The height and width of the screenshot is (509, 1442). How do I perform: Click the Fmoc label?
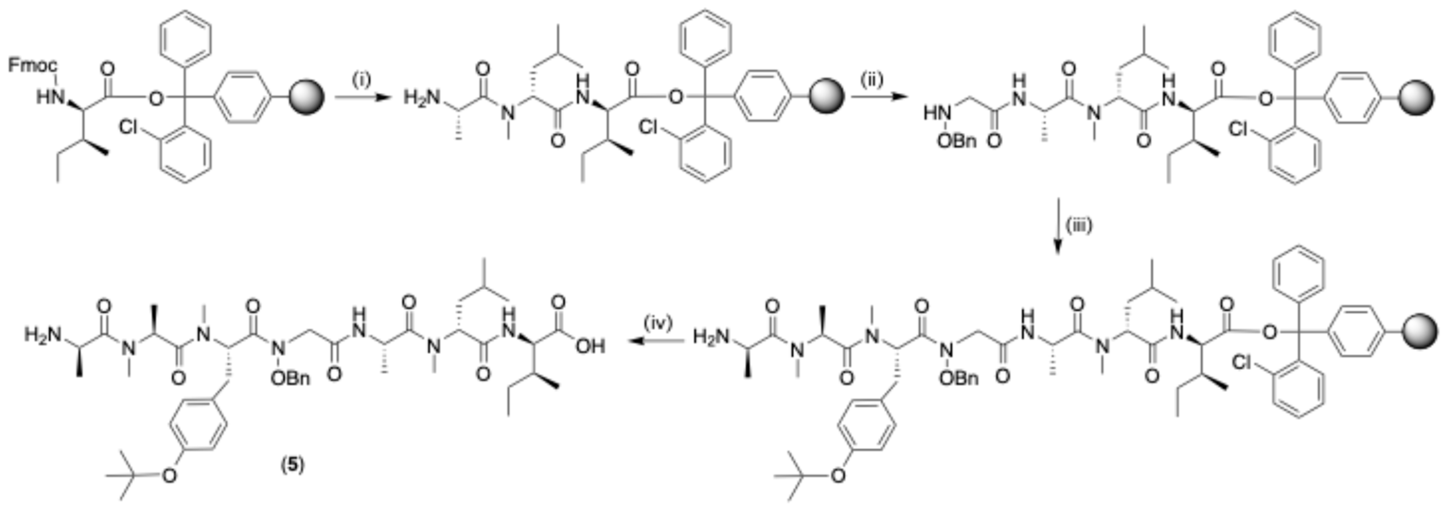click(x=32, y=65)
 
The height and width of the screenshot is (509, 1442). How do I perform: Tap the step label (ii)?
click(x=872, y=80)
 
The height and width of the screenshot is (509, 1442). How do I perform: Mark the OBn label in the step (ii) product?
click(x=957, y=141)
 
